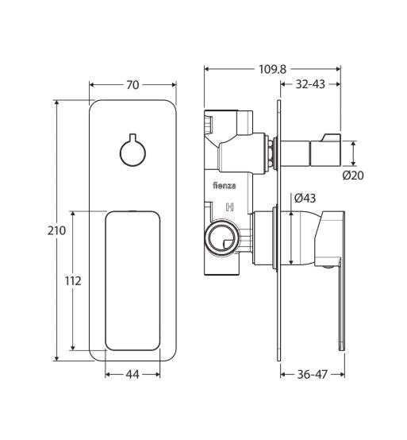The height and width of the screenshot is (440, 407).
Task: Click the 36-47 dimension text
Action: (312, 372)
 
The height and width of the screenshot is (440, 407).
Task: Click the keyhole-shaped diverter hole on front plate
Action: (132, 151)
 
